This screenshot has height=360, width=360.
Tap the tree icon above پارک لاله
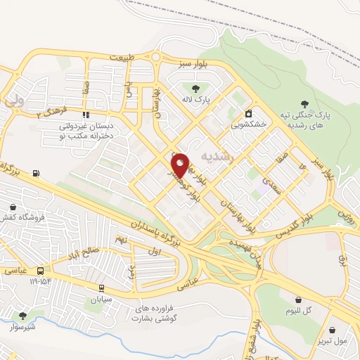(x=195, y=88)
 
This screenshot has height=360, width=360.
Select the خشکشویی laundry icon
(x=247, y=113)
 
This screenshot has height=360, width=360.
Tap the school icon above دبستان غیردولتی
(x=86, y=114)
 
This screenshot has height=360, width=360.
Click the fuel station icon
(x=36, y=174)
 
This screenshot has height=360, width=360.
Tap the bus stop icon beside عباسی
(x=41, y=271)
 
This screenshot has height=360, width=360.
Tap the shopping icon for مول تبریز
(x=333, y=329)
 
